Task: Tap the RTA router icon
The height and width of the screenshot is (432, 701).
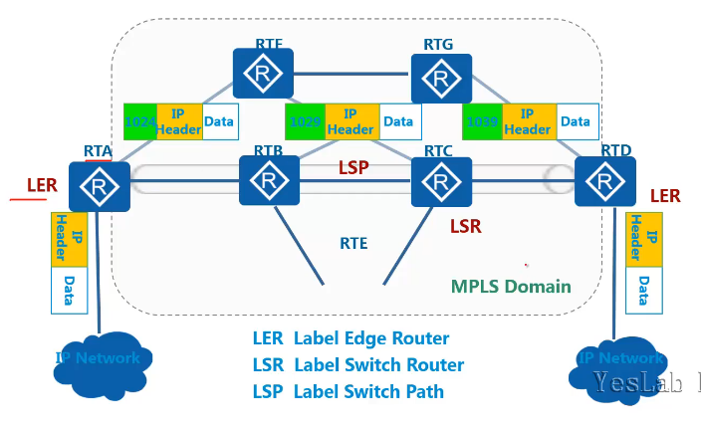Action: [x=100, y=184]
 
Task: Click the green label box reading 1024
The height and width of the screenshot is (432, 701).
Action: [x=139, y=122]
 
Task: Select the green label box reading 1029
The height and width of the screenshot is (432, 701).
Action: [x=303, y=122]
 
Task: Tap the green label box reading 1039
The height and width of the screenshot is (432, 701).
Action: [x=481, y=122]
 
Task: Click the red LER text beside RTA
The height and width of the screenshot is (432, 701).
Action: [x=41, y=185]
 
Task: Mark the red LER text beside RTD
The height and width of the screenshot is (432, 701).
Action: [x=665, y=197]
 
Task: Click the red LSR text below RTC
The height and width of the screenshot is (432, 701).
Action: [x=466, y=227]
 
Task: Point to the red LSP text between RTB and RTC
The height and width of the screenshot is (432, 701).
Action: [x=352, y=168]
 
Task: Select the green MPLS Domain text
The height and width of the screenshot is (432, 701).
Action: [x=511, y=287]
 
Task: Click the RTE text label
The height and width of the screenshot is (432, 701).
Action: [x=353, y=242]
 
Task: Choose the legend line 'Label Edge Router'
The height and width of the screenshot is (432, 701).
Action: [x=350, y=338]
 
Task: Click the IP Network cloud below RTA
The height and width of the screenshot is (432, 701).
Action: [x=98, y=358]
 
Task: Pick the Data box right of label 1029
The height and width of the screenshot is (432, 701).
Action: [x=398, y=122]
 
